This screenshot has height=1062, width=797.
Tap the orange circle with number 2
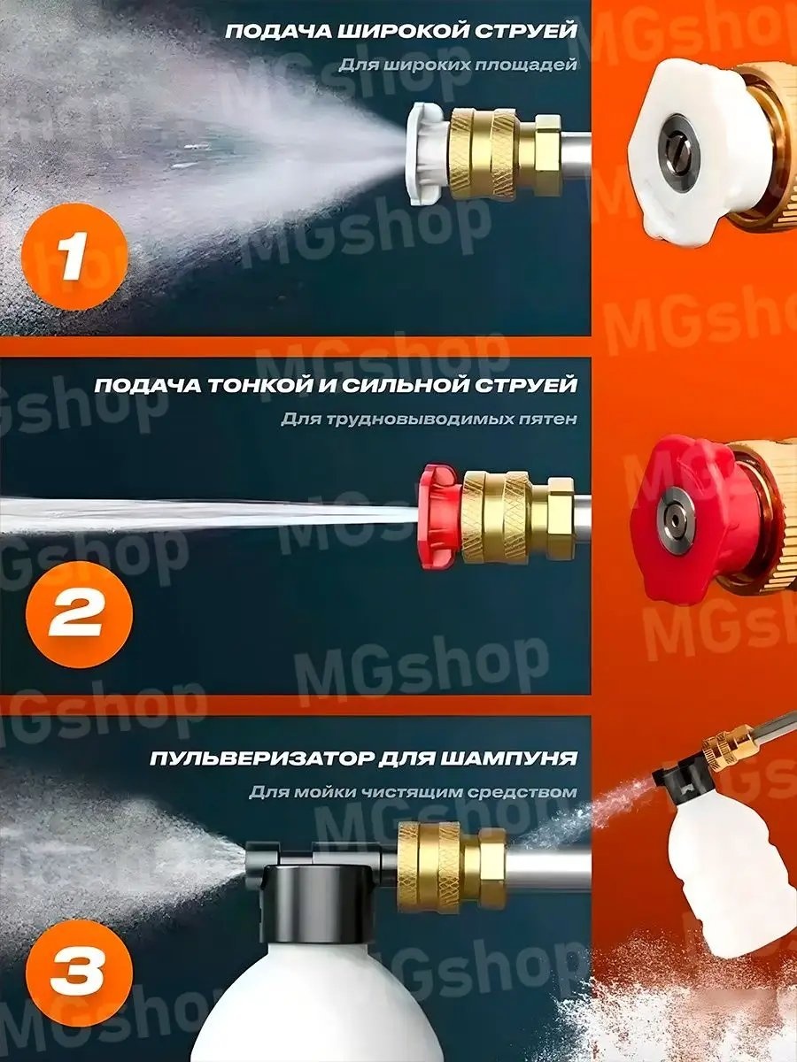(x=79, y=614)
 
